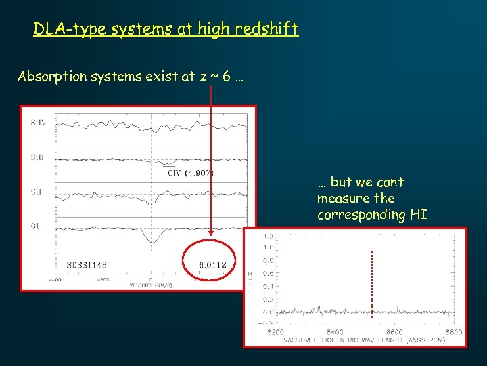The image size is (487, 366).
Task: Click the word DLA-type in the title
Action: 63,29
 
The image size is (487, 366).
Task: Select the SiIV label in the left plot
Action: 39,123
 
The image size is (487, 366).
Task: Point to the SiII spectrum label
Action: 38,157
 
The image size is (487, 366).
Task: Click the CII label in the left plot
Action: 37,191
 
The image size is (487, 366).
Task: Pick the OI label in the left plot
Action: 36,226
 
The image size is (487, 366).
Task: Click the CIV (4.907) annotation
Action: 190,172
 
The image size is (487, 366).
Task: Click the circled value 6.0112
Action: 212,264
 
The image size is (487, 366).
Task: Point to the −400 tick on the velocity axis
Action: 54,279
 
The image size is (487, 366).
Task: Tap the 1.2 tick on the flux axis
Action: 268,237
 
